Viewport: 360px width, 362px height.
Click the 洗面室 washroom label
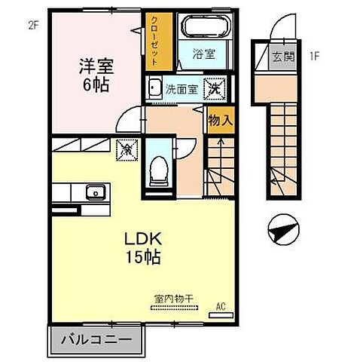(x=181, y=88)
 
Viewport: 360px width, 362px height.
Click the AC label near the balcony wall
(x=221, y=307)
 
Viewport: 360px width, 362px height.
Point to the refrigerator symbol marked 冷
(x=127, y=149)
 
